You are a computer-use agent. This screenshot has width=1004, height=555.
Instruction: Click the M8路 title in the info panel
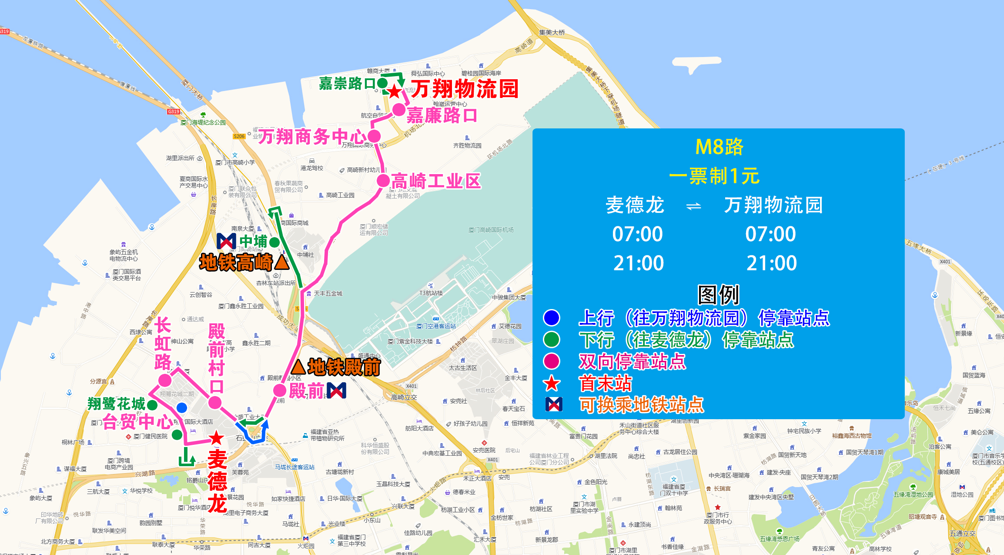click(719, 147)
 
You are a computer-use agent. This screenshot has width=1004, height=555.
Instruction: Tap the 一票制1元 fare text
click(714, 176)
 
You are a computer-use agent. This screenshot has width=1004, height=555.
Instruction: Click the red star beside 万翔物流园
click(394, 92)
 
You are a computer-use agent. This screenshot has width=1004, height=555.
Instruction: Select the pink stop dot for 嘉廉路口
click(399, 110)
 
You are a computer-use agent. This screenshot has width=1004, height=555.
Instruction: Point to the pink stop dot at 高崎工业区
click(383, 181)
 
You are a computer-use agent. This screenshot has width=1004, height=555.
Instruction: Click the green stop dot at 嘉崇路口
click(382, 83)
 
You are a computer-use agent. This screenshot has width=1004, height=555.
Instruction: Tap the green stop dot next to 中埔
click(274, 242)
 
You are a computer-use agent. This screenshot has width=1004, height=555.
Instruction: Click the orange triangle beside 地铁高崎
click(282, 262)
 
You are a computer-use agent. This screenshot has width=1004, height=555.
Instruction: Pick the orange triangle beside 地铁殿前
click(298, 367)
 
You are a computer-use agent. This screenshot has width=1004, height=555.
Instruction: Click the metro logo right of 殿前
click(337, 390)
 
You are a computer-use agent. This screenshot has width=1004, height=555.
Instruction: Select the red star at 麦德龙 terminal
click(216, 438)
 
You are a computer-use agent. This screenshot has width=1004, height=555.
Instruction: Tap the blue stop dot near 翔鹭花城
click(182, 408)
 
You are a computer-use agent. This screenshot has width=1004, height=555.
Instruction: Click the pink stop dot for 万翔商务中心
click(374, 136)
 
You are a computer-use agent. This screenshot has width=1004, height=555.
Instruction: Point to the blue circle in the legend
click(552, 318)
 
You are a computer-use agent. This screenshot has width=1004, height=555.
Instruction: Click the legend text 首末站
click(605, 383)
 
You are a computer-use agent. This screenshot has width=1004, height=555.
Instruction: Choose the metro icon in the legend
click(554, 404)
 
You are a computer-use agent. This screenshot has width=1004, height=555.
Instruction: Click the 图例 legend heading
click(718, 295)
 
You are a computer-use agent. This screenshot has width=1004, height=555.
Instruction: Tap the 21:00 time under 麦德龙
click(638, 263)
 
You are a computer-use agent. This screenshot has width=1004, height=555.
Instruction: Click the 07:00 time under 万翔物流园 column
click(770, 234)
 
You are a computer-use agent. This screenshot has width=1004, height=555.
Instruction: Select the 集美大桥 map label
click(552, 33)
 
